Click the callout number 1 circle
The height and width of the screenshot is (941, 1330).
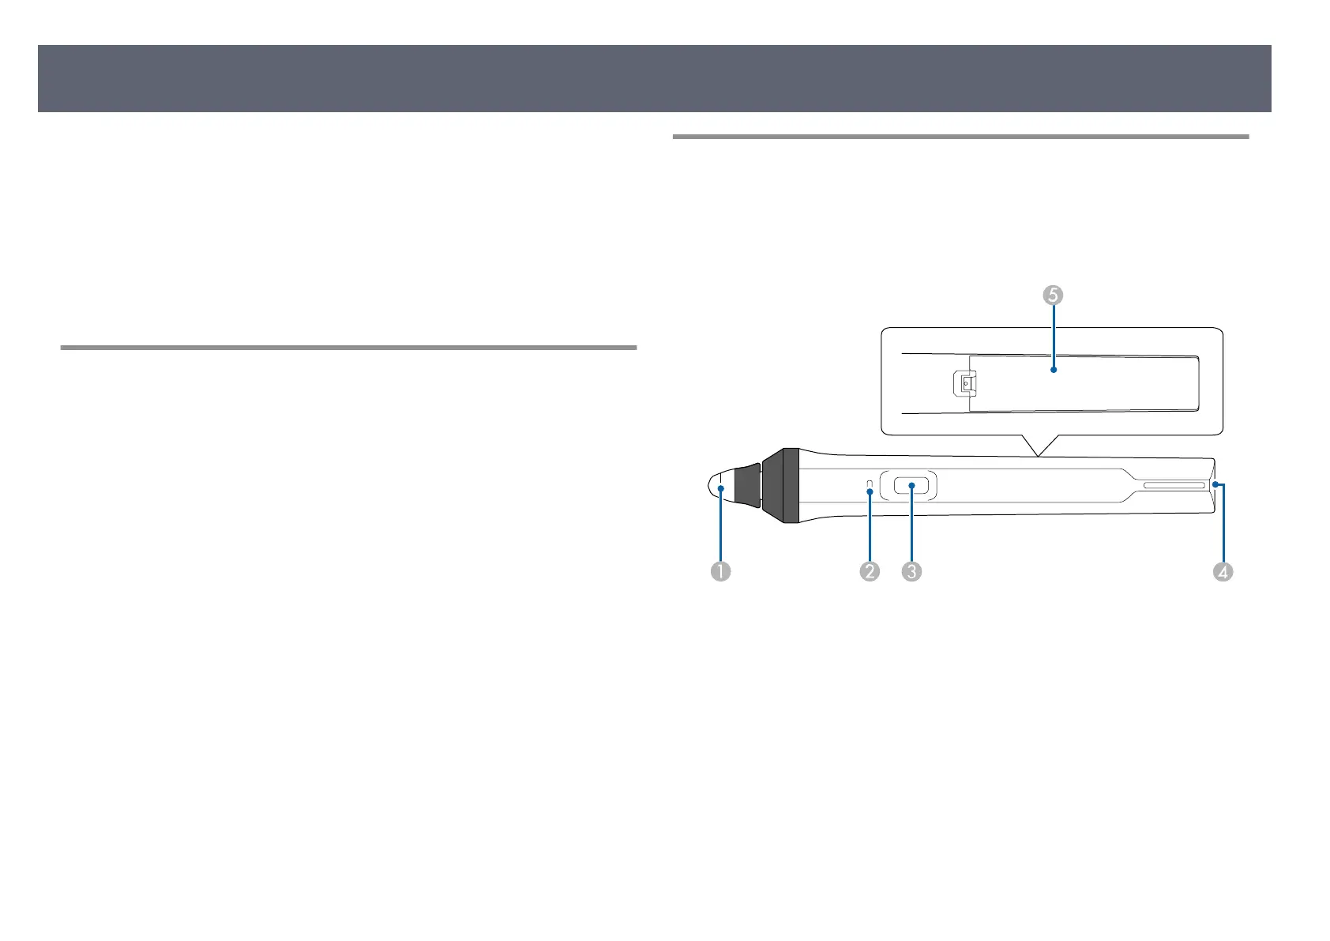click(720, 570)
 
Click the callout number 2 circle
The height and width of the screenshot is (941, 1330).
click(870, 570)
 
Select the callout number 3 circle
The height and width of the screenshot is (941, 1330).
click(911, 570)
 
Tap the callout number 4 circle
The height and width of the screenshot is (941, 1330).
click(1223, 570)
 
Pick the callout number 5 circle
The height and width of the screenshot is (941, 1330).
click(1052, 295)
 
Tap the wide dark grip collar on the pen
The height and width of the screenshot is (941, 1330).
click(782, 486)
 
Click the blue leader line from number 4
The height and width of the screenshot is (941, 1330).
click(1223, 537)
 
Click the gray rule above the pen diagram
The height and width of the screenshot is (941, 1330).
click(960, 137)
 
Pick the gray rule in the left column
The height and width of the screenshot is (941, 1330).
click(348, 347)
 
